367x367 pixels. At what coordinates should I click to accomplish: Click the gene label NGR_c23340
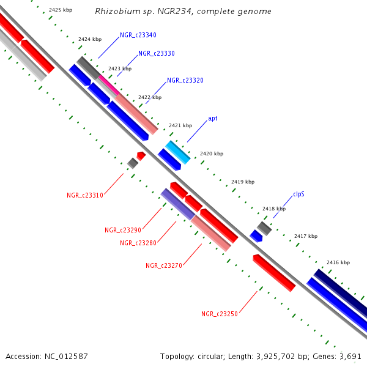click(x=138, y=35)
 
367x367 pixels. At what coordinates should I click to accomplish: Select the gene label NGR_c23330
click(x=157, y=54)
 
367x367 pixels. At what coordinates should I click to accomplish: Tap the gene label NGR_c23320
click(x=185, y=81)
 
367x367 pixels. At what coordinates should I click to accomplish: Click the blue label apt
click(x=213, y=118)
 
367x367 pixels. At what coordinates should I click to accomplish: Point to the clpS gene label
click(x=298, y=195)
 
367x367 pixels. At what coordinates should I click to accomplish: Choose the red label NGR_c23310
click(x=85, y=196)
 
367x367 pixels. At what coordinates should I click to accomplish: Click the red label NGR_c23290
click(x=123, y=231)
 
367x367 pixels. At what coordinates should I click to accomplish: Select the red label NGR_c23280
click(x=138, y=243)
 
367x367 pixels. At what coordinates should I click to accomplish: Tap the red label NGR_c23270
click(x=164, y=265)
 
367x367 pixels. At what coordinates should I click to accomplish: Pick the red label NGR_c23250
click(x=220, y=314)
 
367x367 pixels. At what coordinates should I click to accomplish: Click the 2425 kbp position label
click(x=60, y=10)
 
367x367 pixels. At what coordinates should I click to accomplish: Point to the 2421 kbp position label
click(x=180, y=125)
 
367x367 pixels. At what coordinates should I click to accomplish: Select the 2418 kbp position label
click(x=273, y=209)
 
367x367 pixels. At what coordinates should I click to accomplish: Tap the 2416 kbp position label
click(x=338, y=262)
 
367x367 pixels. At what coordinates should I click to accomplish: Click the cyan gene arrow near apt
click(x=178, y=152)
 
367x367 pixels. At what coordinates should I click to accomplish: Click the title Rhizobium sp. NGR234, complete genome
click(x=183, y=12)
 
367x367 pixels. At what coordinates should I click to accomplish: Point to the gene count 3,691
click(x=349, y=356)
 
